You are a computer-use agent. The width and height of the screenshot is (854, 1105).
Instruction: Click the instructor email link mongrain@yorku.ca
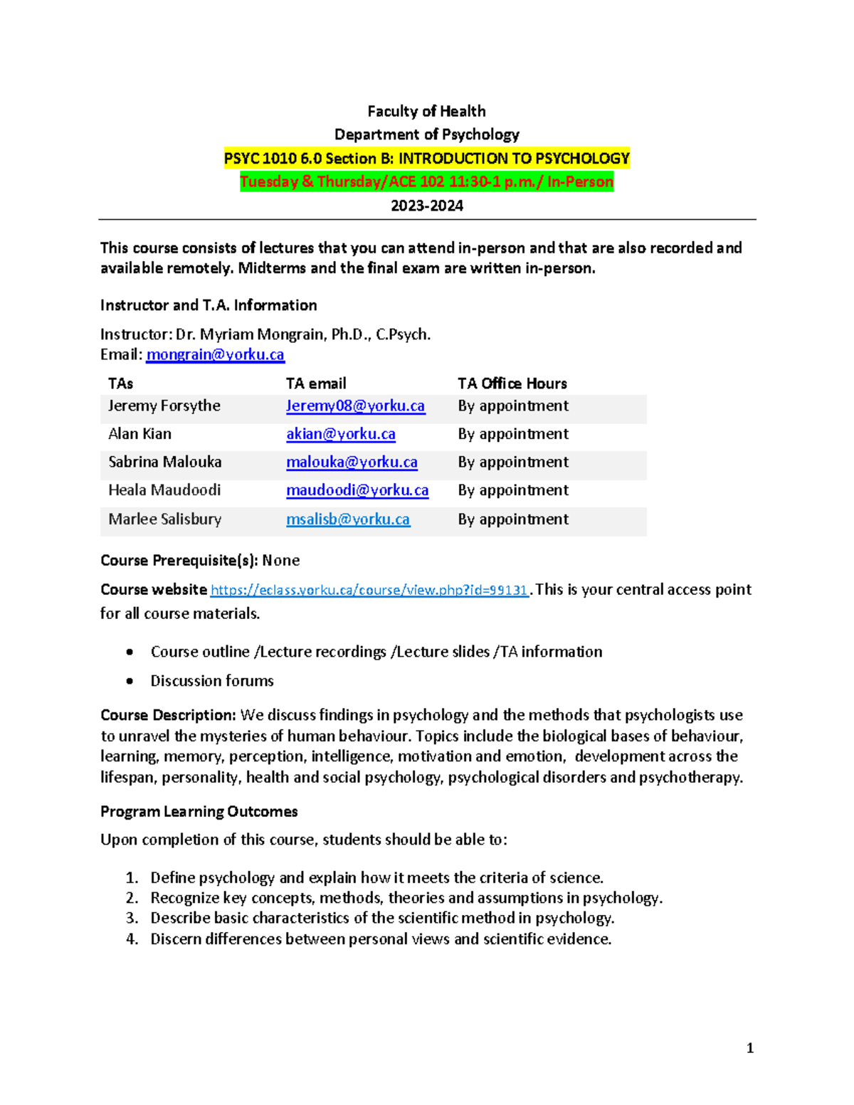(215, 354)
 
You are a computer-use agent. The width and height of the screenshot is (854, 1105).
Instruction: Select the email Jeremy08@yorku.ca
(355, 406)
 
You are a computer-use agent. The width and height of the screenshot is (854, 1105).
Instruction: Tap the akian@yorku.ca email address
(340, 434)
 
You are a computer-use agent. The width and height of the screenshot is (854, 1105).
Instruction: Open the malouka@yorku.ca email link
(352, 462)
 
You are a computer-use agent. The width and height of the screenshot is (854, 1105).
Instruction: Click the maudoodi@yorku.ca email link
(357, 490)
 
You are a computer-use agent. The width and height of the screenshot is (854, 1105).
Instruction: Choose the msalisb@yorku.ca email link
(347, 519)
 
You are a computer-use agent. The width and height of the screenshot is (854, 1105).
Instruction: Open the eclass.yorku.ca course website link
(369, 590)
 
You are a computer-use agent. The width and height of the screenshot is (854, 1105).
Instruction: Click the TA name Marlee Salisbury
(164, 519)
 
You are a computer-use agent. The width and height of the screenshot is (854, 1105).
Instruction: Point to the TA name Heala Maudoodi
(164, 490)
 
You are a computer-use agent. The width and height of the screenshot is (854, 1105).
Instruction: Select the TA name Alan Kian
(139, 434)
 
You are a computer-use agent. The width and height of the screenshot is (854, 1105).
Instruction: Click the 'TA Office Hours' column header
(512, 384)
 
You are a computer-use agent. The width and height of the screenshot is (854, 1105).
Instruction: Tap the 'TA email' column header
(316, 384)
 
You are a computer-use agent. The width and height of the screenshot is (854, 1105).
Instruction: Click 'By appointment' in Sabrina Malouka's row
(512, 462)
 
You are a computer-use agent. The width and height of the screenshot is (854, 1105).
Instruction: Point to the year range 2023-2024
(427, 206)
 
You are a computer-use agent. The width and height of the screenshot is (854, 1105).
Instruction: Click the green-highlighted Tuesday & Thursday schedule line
(427, 181)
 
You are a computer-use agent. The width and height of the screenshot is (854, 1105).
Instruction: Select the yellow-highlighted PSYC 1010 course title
(427, 158)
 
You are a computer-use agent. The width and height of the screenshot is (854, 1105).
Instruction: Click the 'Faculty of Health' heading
(426, 111)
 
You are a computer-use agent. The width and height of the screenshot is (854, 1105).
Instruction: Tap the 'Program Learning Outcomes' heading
(199, 812)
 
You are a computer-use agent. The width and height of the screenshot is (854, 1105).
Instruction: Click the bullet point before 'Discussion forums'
(130, 681)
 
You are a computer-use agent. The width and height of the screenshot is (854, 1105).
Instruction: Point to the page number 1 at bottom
(750, 1047)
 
